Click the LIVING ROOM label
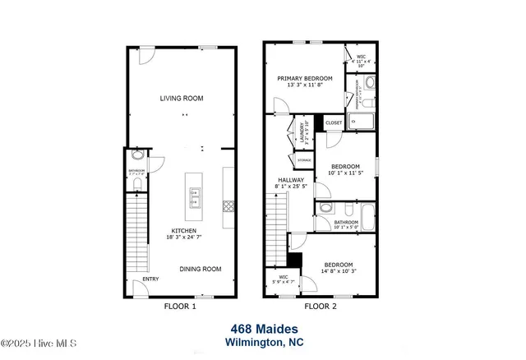(181, 99)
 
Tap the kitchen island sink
(196, 195)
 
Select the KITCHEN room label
(183, 230)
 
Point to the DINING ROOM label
(201, 269)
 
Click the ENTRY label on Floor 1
(150, 279)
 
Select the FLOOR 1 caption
(181, 307)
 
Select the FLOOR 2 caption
(321, 307)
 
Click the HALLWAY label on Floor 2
(290, 180)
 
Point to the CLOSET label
(333, 123)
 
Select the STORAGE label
(303, 159)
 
